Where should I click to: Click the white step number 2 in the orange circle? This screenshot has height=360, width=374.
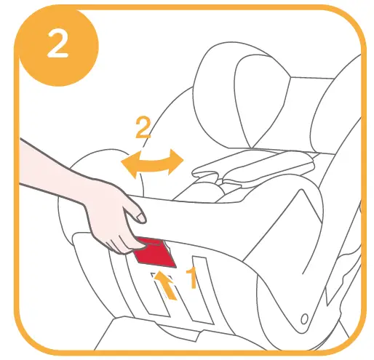coord(57,44)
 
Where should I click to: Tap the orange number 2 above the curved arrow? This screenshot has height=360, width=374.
coord(143,129)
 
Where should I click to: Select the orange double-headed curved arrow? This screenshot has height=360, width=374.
coord(150,162)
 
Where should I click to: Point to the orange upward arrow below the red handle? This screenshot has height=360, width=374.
coord(167,284)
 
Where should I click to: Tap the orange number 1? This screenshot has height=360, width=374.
coord(193,279)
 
